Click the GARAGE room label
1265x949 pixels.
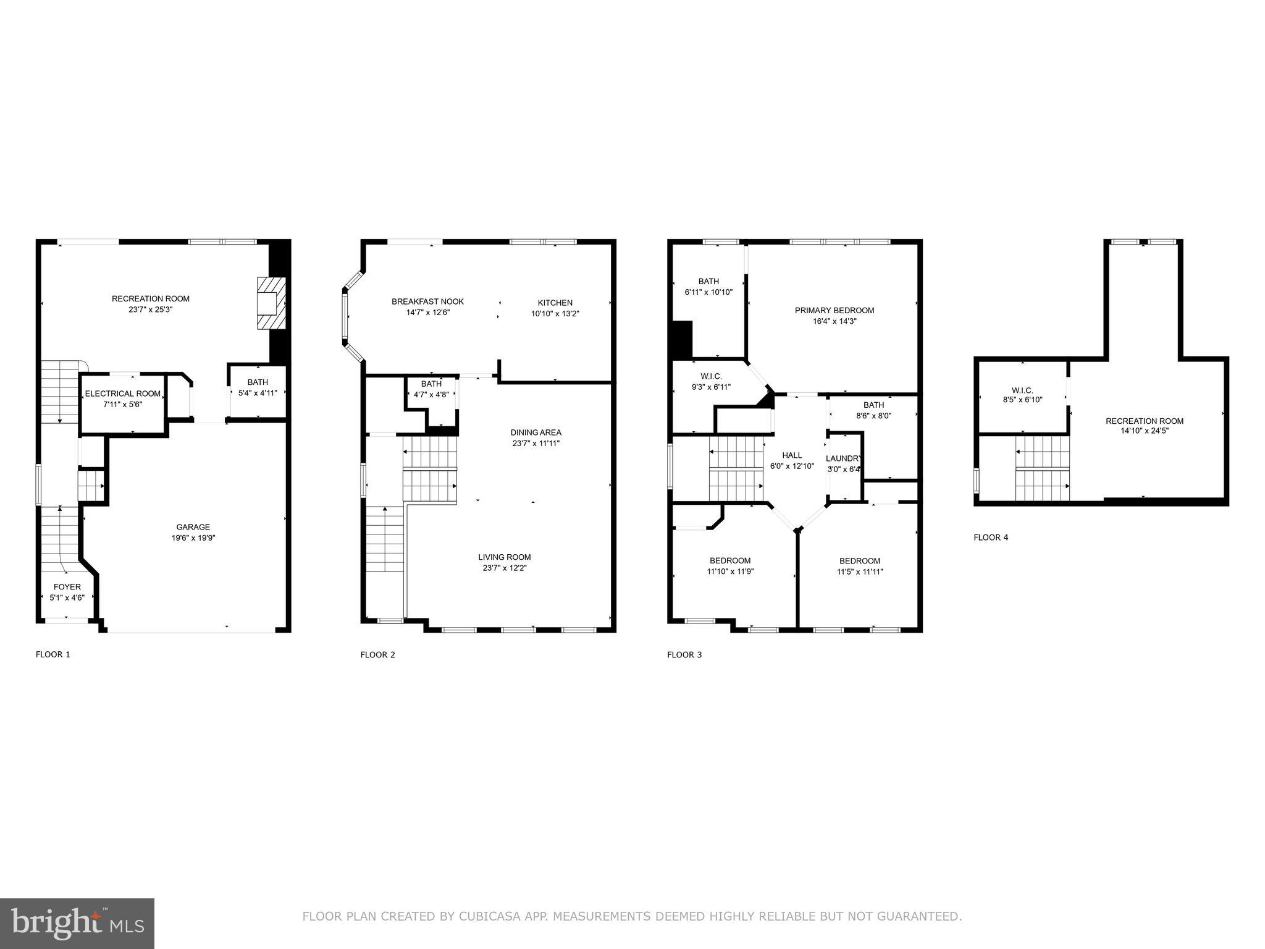(193, 527)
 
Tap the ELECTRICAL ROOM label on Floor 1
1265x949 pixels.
(122, 394)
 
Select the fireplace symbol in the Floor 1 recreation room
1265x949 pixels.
(271, 303)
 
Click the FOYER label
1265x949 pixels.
(67, 587)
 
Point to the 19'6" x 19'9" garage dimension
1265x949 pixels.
(193, 538)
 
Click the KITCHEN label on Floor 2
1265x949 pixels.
(555, 303)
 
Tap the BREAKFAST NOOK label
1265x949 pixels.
(427, 302)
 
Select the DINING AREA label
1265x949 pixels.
(536, 432)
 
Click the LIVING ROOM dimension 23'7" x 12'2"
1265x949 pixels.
(504, 568)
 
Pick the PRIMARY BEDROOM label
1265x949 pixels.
(834, 310)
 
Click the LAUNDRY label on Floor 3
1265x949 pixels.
(843, 458)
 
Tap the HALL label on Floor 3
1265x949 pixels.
(792, 455)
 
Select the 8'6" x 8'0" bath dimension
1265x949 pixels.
(873, 416)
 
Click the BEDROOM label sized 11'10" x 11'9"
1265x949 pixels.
(730, 561)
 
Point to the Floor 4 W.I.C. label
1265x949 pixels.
(1022, 390)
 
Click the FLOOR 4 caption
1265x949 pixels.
(991, 538)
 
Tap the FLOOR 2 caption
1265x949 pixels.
(377, 655)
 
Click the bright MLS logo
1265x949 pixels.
(77, 924)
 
